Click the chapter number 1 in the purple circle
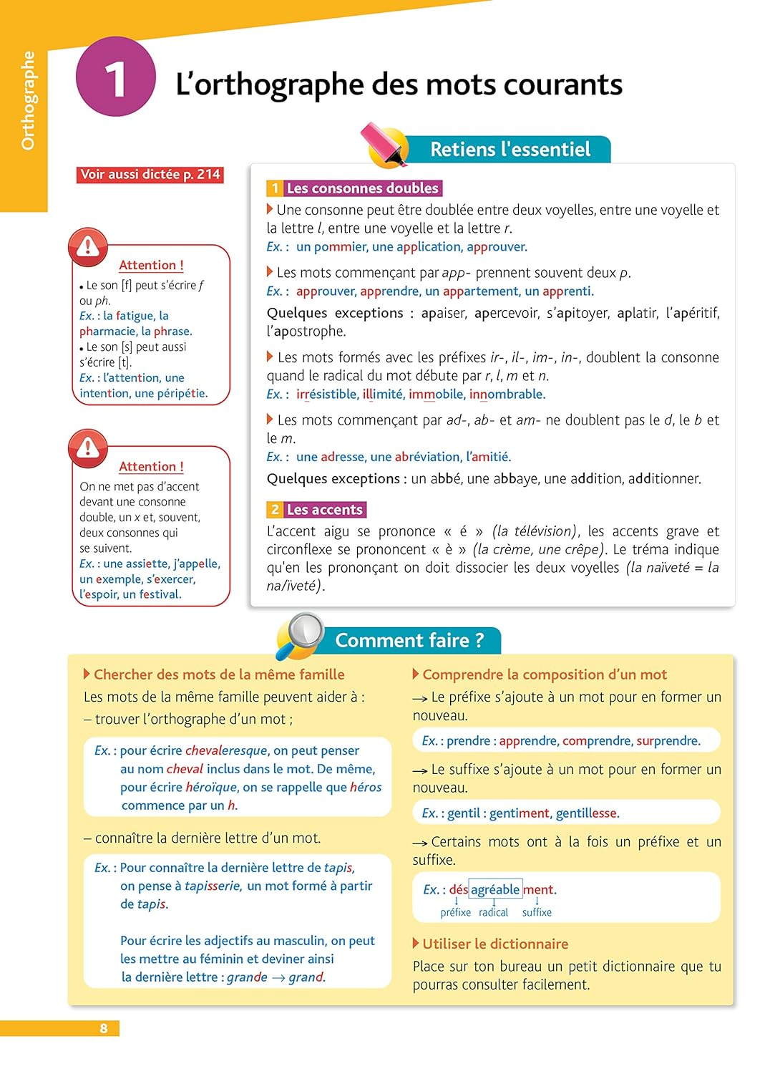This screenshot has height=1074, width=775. [x=115, y=77]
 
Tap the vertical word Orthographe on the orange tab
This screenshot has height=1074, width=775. [x=28, y=100]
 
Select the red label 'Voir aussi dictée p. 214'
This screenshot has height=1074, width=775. [x=150, y=175]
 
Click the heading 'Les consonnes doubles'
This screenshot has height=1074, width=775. [x=362, y=188]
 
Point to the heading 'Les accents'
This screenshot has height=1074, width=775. [x=324, y=510]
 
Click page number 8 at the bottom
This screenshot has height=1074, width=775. [x=104, y=1028]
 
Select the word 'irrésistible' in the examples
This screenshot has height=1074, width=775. [x=326, y=395]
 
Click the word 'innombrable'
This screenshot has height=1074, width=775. [x=507, y=395]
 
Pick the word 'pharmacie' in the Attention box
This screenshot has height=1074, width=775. [x=108, y=332]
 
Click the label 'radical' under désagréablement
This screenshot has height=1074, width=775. [x=493, y=912]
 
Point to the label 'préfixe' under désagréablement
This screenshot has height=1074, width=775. [x=456, y=912]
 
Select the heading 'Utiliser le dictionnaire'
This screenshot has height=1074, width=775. [x=495, y=944]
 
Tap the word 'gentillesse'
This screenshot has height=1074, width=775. [x=586, y=813]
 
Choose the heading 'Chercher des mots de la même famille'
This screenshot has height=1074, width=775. [x=219, y=674]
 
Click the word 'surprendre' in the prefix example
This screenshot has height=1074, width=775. [x=668, y=741]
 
